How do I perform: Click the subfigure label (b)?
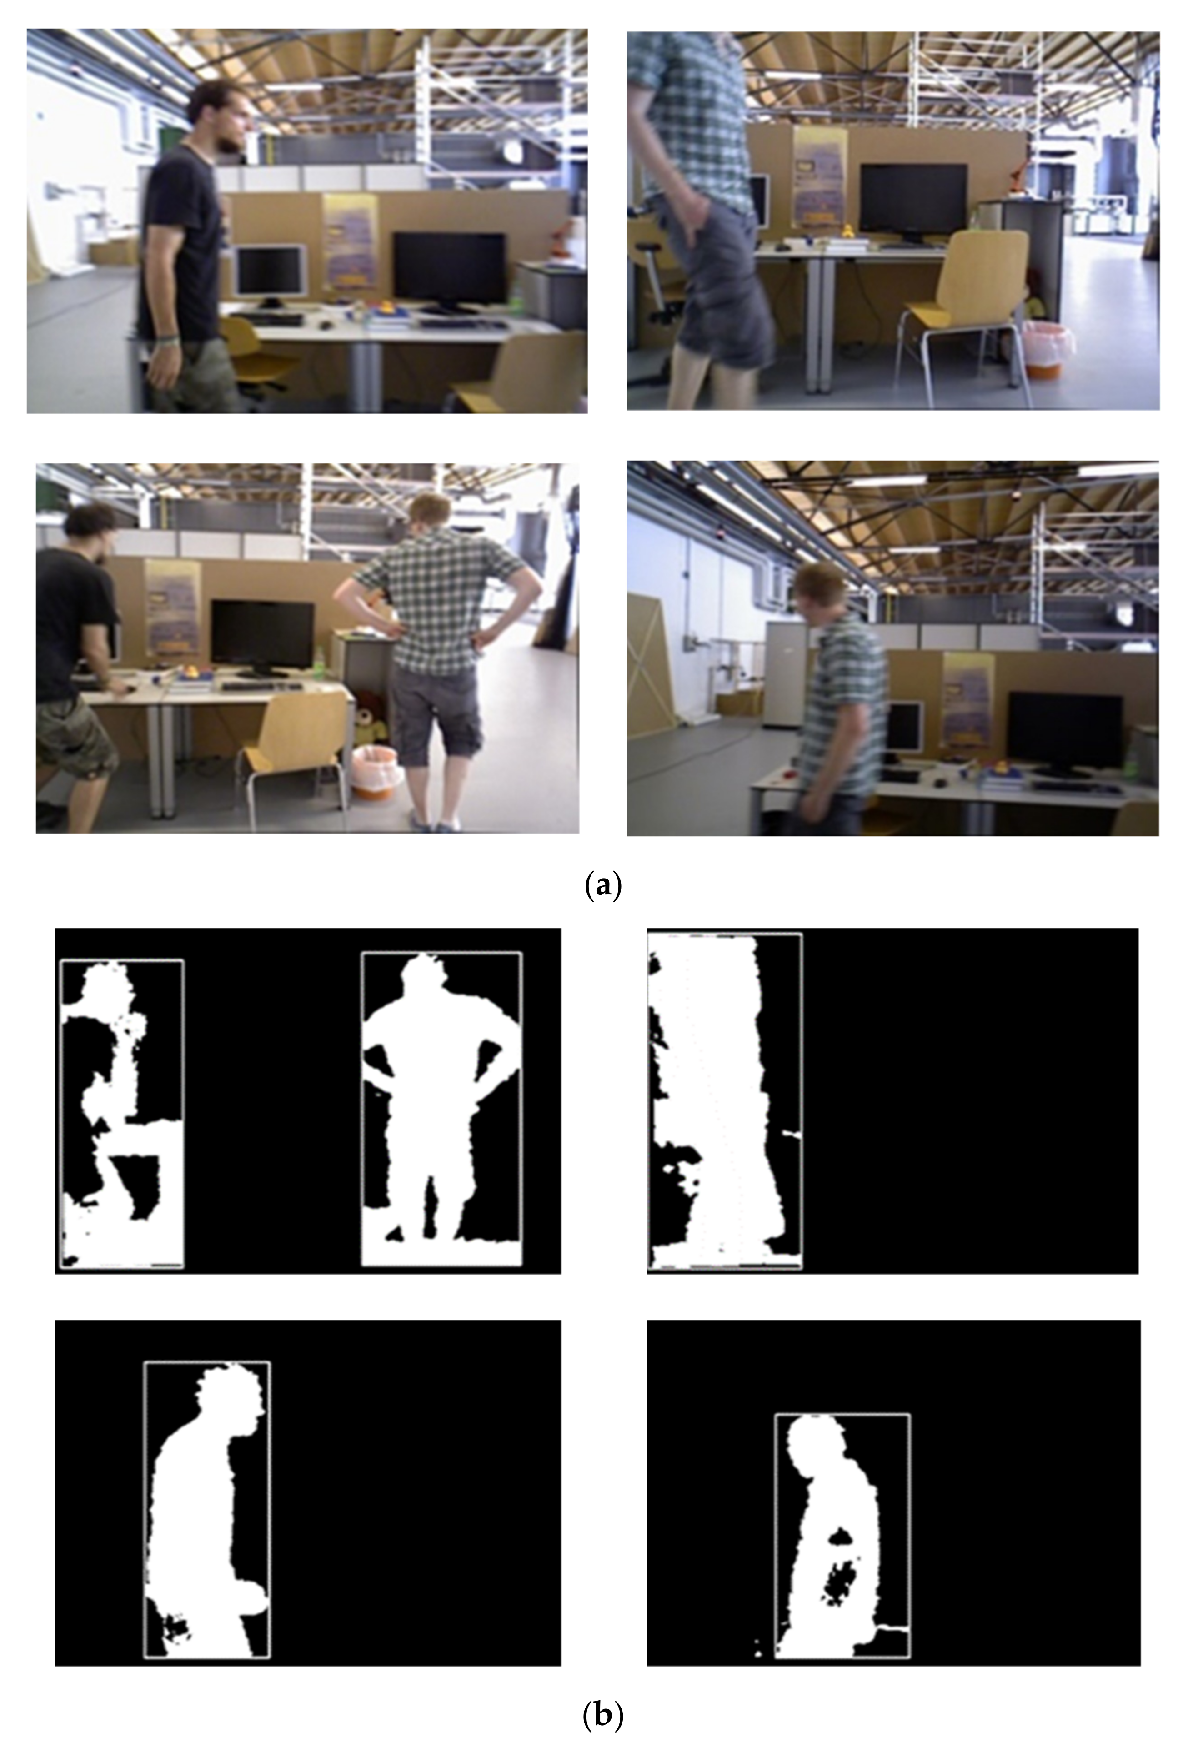click(x=603, y=1731)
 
